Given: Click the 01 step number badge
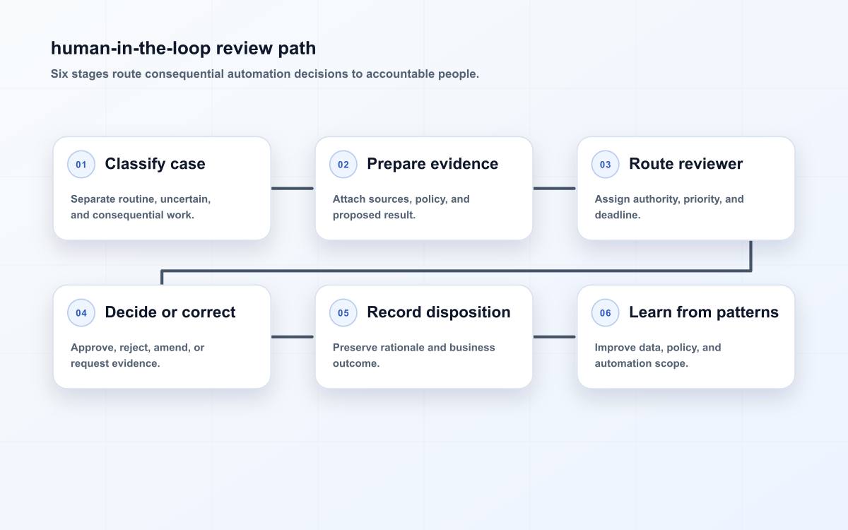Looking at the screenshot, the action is pos(81,164).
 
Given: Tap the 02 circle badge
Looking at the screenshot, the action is pos(343,164).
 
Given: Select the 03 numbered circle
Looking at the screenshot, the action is pos(605,164).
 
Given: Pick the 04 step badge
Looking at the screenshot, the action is pos(81,312).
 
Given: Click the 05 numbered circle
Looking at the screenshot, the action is pos(343,312).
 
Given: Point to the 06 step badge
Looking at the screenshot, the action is pos(605,312).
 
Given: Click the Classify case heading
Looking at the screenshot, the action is pos(155,164).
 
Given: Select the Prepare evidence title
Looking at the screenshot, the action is pos(432,164).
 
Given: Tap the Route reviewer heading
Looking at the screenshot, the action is pos(686,164).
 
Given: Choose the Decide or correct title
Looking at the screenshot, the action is pos(170,312).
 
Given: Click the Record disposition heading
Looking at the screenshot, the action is pos(439,312).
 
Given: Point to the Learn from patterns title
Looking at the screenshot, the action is pos(704,312).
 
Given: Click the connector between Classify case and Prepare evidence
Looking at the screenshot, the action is pos(293,188).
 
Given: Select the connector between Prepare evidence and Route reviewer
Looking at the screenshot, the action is pos(554,188).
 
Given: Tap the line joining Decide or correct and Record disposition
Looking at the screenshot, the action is pos(293,336).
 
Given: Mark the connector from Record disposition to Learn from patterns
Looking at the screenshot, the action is pos(554,336).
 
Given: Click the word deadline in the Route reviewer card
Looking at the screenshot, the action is pos(618,215).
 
